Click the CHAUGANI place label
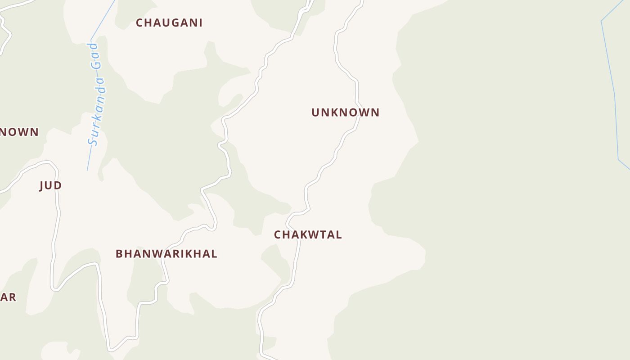(x=169, y=22)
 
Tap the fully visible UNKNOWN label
(x=346, y=112)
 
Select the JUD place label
(x=50, y=185)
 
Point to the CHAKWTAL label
(x=308, y=234)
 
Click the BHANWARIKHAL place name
(x=166, y=254)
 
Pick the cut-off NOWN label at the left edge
(x=19, y=132)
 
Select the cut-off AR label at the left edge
(x=8, y=297)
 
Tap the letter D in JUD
(x=58, y=185)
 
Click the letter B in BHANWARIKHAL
(x=119, y=254)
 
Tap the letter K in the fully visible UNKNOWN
(x=335, y=112)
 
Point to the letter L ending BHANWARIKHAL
(x=214, y=254)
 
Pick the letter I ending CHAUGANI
(x=201, y=22)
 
